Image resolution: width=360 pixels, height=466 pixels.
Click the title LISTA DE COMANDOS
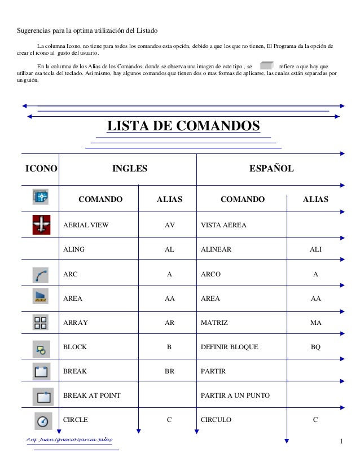pos(183,126)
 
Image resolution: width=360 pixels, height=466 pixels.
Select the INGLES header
pos(130,168)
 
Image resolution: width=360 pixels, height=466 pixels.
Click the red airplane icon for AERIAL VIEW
pos(42,225)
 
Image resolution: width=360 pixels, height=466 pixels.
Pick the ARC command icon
pos(42,275)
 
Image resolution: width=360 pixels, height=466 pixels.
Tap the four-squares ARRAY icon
pos(42,323)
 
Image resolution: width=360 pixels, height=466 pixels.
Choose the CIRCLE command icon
pos(42,420)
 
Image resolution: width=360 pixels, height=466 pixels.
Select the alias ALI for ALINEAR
pos(315,249)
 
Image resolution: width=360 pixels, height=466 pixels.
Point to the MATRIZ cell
pos(214,323)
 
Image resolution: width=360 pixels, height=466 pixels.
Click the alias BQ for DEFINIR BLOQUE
pos(315,347)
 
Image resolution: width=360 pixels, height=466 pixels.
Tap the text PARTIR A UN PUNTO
pos(235,395)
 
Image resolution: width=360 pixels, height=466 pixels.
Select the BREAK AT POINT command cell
pos(91,395)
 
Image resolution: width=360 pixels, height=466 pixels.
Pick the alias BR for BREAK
pos(169,372)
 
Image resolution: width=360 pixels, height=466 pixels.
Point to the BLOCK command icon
pos(42,348)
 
